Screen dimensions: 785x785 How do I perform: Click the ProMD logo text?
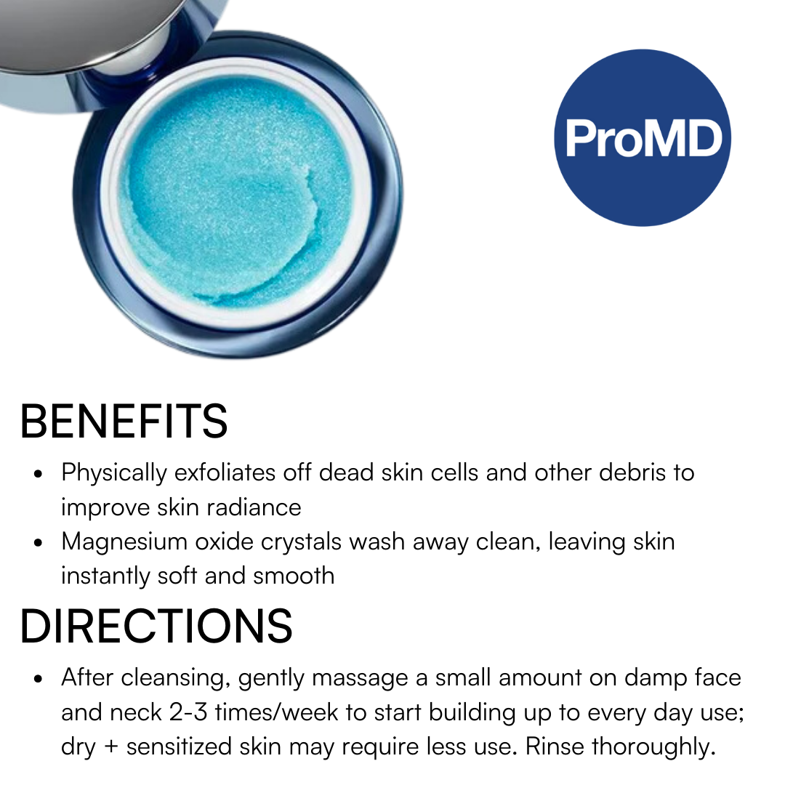[643, 139]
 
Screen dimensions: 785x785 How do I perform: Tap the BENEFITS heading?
[124, 421]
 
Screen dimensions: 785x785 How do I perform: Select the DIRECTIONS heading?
[156, 626]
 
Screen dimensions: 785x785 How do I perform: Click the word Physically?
[114, 474]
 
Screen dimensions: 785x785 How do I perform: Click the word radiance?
[254, 507]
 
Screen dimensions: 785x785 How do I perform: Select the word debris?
[632, 472]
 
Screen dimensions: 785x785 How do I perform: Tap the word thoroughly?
[653, 747]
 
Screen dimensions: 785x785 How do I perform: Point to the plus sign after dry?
[111, 747]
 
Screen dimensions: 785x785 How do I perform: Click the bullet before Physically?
[38, 474]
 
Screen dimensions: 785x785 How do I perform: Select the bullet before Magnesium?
[38, 542]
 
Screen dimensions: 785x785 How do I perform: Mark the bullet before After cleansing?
[38, 679]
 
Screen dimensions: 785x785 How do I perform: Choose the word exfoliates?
[225, 472]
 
